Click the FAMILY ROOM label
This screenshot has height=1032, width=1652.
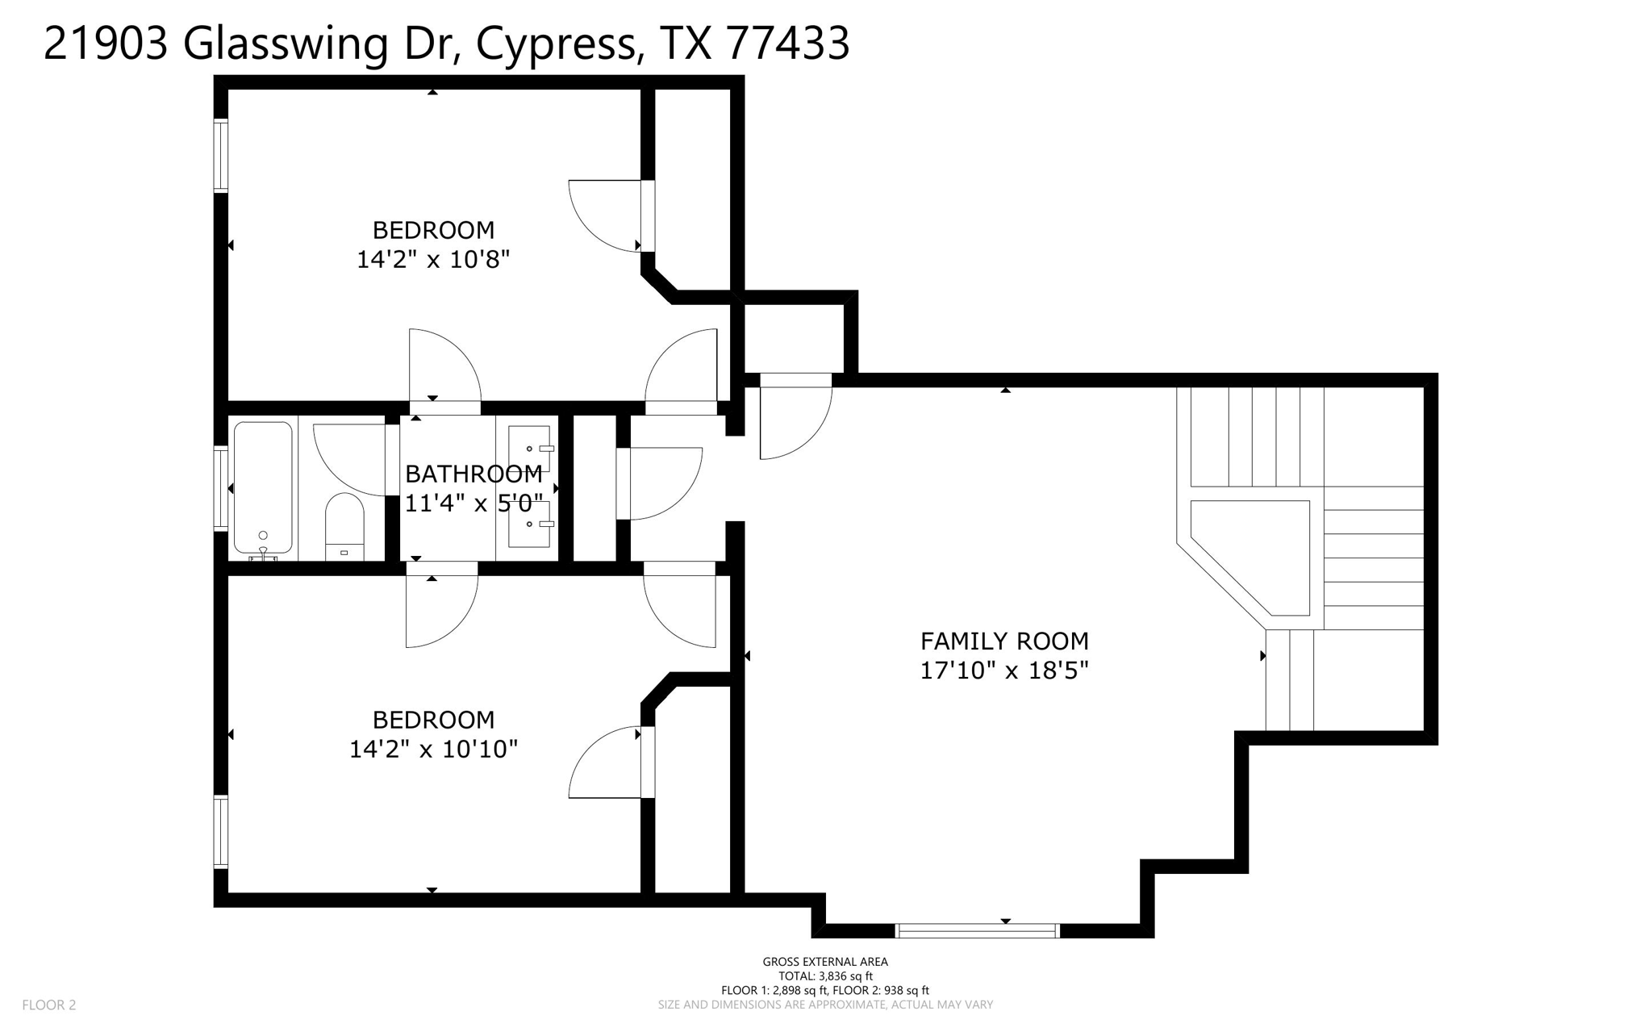(1004, 641)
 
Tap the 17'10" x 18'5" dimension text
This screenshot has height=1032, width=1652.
(1004, 671)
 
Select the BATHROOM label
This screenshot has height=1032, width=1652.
(473, 474)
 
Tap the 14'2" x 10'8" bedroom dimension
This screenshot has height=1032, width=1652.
(433, 260)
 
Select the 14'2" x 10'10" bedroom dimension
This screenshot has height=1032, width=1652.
(433, 750)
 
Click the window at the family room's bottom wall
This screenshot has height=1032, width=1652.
(977, 930)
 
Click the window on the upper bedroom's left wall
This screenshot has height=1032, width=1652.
(220, 156)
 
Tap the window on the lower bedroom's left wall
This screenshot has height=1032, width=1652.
(220, 832)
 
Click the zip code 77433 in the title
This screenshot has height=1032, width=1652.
(788, 44)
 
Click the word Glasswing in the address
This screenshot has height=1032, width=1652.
(286, 44)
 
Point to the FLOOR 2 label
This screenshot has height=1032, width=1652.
(49, 1005)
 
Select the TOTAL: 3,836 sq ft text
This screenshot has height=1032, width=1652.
(825, 976)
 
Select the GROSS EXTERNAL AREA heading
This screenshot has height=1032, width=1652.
(825, 961)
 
